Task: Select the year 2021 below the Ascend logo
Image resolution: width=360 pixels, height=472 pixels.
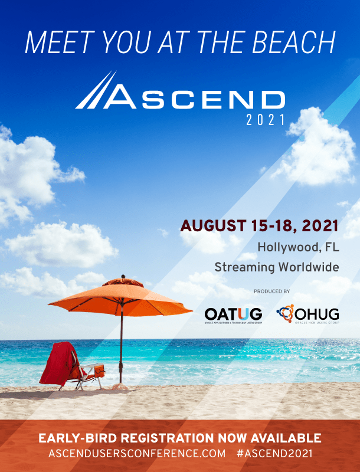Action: (x=266, y=120)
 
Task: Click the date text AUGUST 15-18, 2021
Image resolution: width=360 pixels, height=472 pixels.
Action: (x=260, y=226)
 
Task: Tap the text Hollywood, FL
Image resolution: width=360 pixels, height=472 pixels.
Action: (x=298, y=247)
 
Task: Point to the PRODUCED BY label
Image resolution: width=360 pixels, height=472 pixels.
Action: (x=271, y=291)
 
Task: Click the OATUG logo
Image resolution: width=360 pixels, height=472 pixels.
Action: (x=233, y=314)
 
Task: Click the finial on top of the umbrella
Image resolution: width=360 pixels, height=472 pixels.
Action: (x=122, y=276)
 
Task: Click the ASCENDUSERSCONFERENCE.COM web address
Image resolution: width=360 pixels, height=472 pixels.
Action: (x=138, y=454)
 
